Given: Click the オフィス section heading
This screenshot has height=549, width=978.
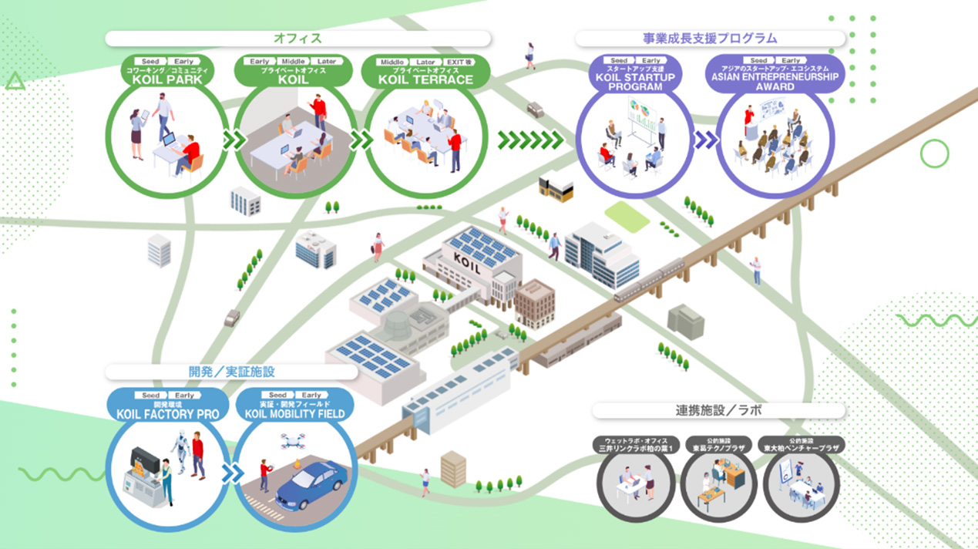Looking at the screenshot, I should point(297,39).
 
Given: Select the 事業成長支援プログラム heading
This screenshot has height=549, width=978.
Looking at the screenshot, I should point(710,39).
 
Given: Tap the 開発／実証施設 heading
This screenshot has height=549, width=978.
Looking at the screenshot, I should point(231,372).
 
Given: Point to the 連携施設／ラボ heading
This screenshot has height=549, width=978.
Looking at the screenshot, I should point(718,410).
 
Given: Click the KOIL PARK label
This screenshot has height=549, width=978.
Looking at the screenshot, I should point(167,79).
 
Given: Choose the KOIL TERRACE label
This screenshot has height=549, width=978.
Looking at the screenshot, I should point(425,79).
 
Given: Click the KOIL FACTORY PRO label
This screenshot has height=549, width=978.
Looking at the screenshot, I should point(167,414).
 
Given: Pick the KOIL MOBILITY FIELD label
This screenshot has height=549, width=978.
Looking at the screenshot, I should point(294,414).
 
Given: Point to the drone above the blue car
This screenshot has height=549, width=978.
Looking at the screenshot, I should point(294,441).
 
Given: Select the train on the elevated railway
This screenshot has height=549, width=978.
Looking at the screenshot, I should point(648,280).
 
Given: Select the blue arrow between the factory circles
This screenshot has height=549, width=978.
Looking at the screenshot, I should point(230,473).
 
